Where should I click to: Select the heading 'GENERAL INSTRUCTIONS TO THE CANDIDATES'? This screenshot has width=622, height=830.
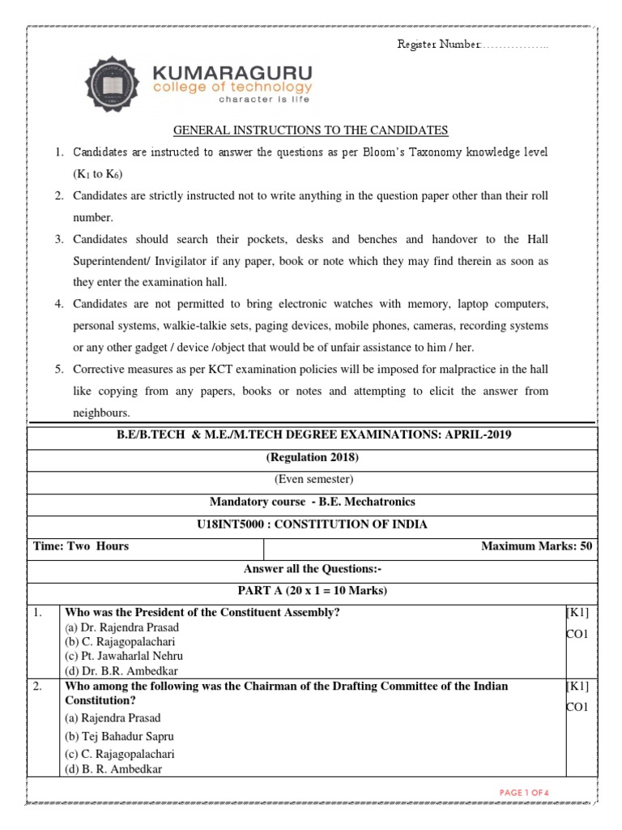point(311,130)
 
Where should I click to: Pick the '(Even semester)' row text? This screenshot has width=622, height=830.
point(311,480)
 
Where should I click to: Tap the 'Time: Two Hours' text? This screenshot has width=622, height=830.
point(81,546)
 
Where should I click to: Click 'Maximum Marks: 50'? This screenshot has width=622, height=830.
point(536,546)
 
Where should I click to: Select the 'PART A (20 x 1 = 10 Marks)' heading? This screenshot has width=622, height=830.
point(311,590)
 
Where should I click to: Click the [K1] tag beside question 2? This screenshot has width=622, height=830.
point(580,687)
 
